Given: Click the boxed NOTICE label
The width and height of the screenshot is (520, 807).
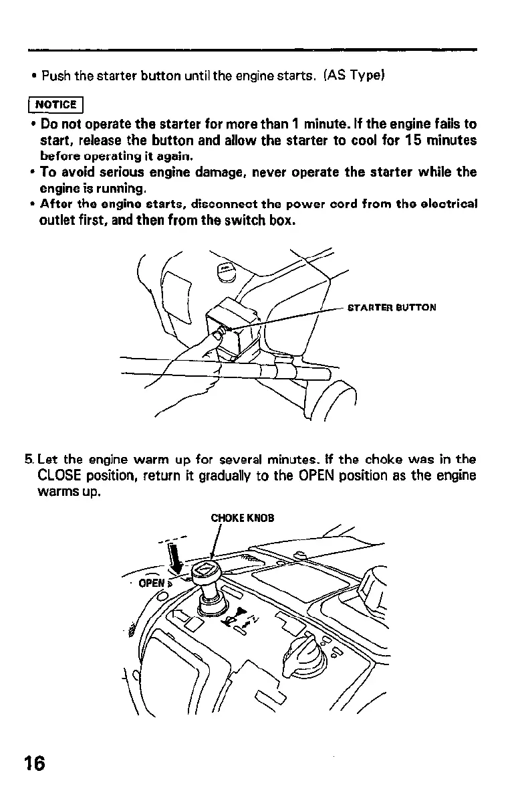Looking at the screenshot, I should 56,105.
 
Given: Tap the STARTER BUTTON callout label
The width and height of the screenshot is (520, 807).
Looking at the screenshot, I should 392,308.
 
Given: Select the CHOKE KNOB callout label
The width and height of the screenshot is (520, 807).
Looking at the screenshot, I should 243,518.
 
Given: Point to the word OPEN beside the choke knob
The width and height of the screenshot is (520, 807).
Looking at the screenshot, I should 150,582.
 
